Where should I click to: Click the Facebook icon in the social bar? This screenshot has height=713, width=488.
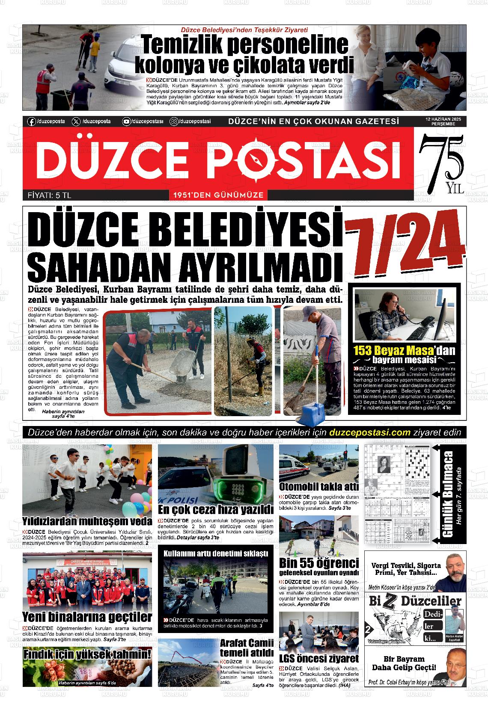pos(31,121)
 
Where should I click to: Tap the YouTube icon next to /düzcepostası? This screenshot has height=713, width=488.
pos(126,121)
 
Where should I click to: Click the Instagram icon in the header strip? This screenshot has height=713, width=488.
pos(174,121)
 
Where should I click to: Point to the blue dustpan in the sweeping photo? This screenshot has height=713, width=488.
pos(314,411)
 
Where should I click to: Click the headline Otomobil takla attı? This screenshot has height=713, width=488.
pos(318,486)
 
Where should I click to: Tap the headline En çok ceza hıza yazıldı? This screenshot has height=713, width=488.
pos(215,509)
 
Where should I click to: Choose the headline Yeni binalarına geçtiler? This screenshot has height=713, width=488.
pos(87,617)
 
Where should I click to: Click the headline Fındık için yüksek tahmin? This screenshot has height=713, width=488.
pos(87,654)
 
